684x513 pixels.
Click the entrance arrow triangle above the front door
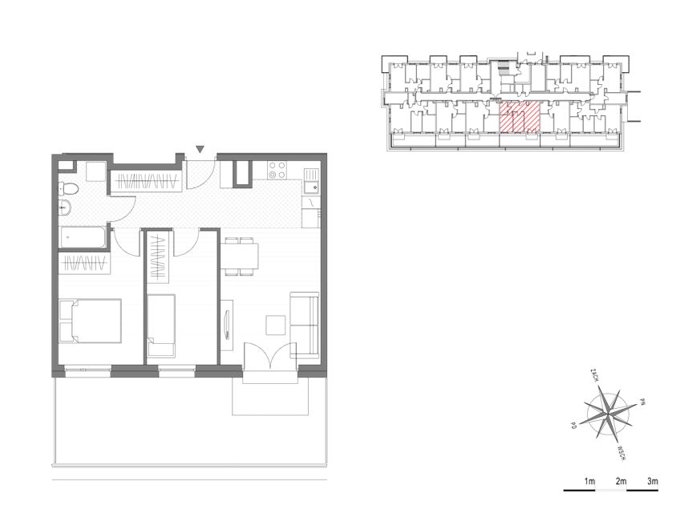coord(200,149)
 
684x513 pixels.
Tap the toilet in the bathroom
coord(68,189)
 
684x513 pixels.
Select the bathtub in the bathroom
coord(82,237)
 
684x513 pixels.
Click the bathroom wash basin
coord(65,208)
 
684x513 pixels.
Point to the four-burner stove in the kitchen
coord(277,170)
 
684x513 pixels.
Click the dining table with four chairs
coord(240,256)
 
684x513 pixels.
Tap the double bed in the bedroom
coord(90,321)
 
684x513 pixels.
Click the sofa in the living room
coord(305,325)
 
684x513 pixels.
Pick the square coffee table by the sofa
coord(276,325)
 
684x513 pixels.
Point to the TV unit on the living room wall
coord(227,324)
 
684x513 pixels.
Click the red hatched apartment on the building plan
coord(520,117)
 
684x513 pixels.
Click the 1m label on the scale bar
coord(589,482)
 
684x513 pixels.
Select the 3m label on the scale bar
coord(653,482)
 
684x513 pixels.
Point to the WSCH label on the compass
coord(622,453)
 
